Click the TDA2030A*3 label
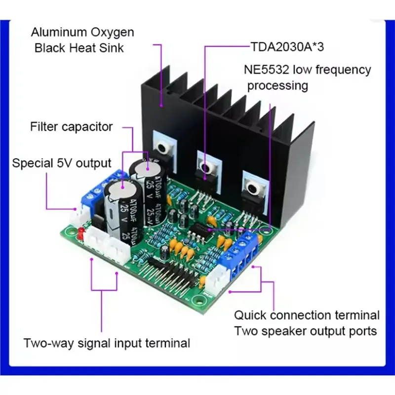[x=287, y=47]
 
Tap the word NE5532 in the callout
[x=266, y=70]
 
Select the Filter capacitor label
[x=71, y=127]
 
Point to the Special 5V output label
[x=62, y=163]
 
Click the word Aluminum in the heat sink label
[x=59, y=32]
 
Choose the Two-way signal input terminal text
[x=107, y=343]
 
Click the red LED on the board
[x=81, y=233]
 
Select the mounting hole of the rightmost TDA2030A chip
[x=252, y=188]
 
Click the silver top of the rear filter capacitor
[x=147, y=167]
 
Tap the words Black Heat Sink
[x=79, y=48]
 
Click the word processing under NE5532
[x=277, y=86]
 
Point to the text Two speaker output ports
[x=306, y=331]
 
